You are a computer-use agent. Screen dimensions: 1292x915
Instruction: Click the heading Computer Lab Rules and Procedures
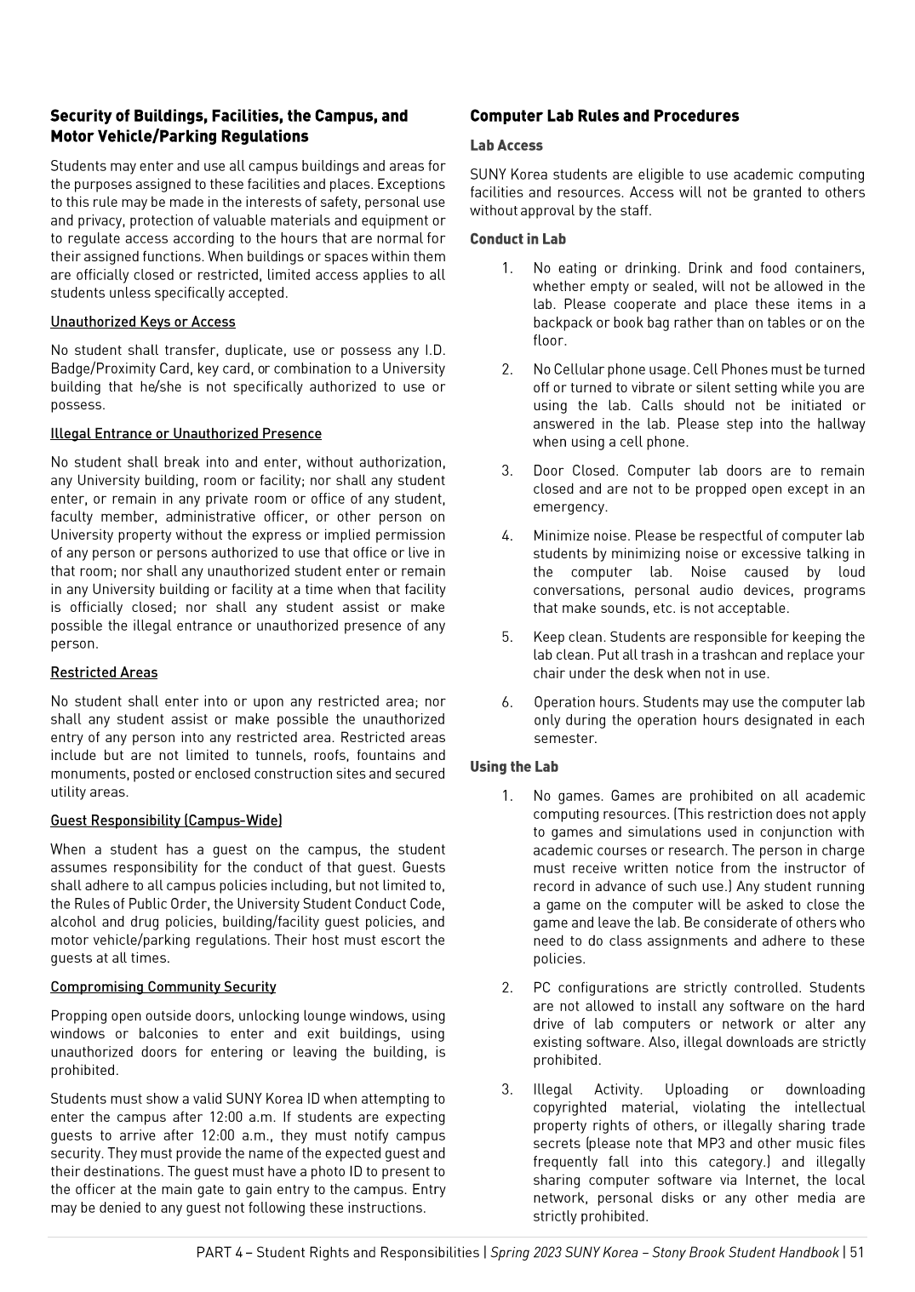point(604,116)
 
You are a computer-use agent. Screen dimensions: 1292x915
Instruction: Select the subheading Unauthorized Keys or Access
point(143,322)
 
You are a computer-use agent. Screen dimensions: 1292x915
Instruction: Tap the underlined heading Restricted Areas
point(104,672)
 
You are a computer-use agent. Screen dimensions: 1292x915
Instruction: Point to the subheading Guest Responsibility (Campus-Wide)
point(166,820)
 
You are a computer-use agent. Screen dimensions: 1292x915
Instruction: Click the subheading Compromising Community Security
point(163,986)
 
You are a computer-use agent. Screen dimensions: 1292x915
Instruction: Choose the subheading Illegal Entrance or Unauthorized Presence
point(186,433)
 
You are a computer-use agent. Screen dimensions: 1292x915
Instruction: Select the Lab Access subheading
point(506,146)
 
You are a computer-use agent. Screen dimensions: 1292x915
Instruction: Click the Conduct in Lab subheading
point(518,239)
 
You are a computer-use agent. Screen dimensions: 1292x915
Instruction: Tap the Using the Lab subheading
point(513,767)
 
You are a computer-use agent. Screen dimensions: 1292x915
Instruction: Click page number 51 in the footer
point(856,1252)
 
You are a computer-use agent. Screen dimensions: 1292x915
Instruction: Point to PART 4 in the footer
point(219,1252)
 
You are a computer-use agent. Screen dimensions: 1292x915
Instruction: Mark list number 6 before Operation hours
point(506,702)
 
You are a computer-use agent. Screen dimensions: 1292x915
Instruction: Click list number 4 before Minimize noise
point(506,535)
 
